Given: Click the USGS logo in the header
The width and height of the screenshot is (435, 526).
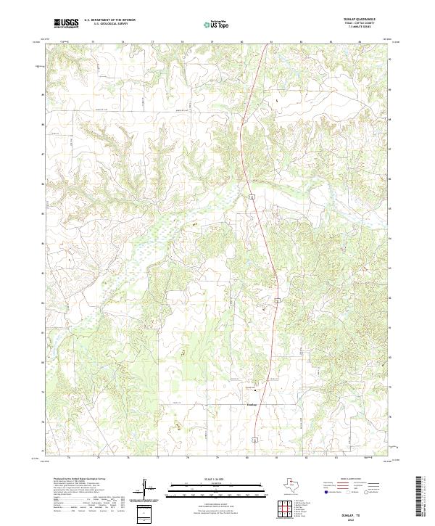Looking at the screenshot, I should coord(65,24).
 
